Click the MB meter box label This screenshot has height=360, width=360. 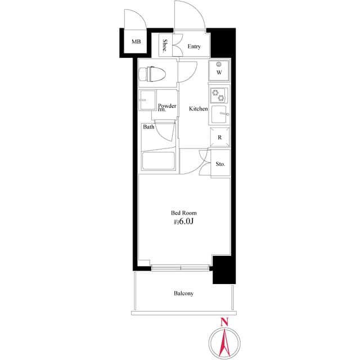[x=136, y=42]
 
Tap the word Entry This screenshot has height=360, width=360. [x=194, y=47]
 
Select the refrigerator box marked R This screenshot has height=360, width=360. [x=219, y=137]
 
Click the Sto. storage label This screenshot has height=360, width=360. [x=220, y=164]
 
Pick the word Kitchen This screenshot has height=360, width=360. [x=199, y=109]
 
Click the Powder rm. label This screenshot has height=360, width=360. [x=167, y=107]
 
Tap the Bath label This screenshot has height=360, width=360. [x=148, y=127]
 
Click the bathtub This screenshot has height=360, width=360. [x=159, y=160]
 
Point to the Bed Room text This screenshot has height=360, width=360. [x=184, y=213]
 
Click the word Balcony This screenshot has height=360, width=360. [x=183, y=294]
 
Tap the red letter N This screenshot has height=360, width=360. [x=224, y=322]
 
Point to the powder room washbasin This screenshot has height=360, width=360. [x=149, y=101]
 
